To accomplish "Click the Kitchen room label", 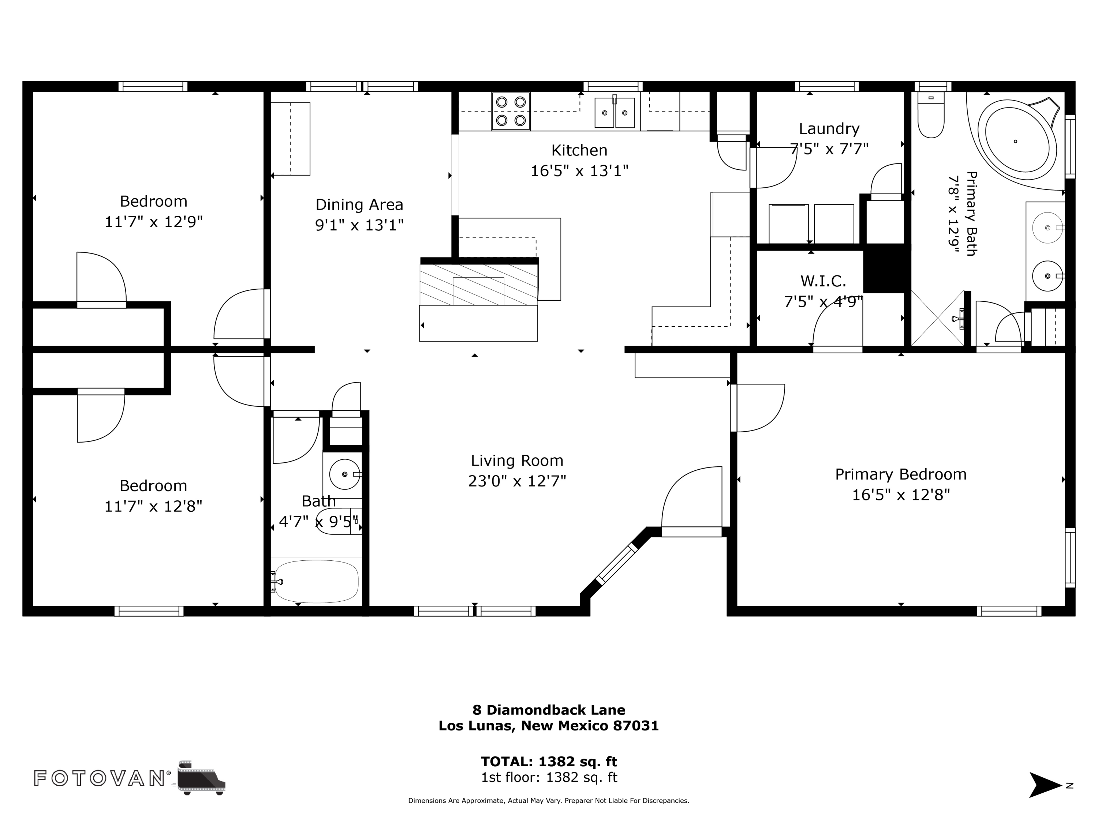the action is coord(579,150).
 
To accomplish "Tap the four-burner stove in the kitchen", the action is coord(511,111).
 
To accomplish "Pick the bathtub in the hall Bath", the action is coord(316,582).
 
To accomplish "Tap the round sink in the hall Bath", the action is coord(344,474).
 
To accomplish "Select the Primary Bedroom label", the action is coord(900,474).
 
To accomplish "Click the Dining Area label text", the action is coord(359,204).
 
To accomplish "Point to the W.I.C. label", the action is coord(823,281).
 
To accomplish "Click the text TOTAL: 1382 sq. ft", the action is coord(549,762).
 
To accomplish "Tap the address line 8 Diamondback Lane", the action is coord(549,710).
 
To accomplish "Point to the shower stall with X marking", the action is coord(938,317).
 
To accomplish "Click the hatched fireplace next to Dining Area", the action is coord(478,284).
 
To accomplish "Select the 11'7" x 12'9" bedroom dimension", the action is coord(153,222).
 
